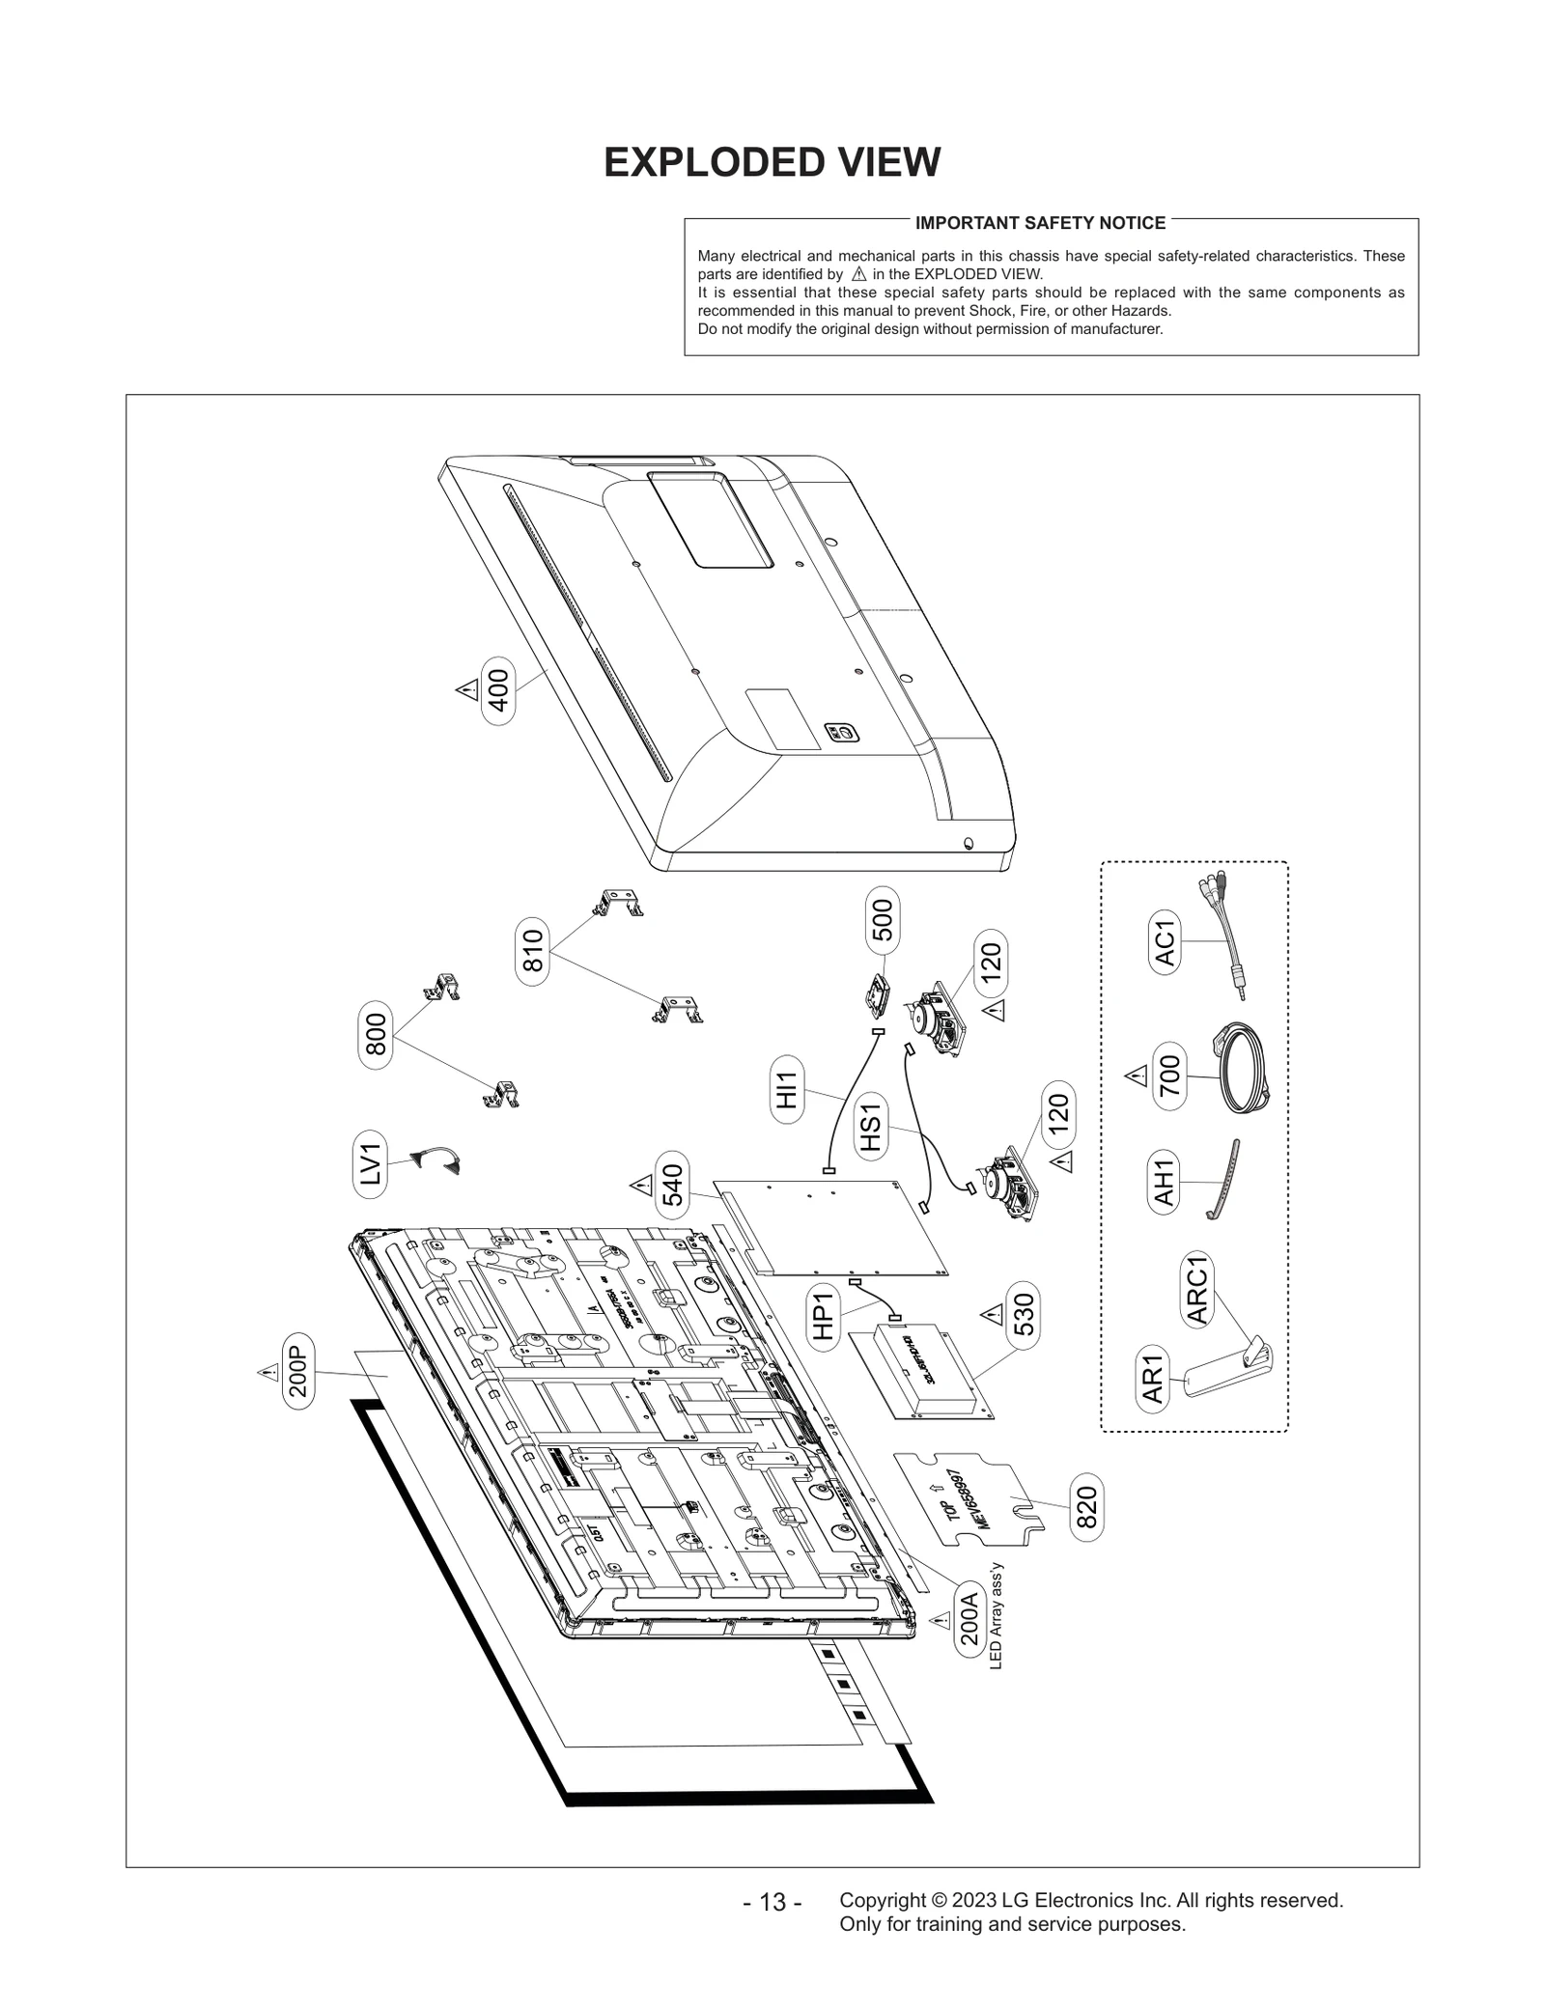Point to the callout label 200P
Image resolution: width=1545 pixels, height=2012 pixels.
(x=298, y=1371)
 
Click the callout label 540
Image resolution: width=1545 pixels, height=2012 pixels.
(x=672, y=1185)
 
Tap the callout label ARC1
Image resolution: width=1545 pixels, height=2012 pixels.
(x=1196, y=1290)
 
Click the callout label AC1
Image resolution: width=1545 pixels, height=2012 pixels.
(x=1165, y=942)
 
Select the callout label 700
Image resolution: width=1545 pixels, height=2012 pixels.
(x=1168, y=1076)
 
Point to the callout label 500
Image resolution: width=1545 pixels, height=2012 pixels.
(x=882, y=920)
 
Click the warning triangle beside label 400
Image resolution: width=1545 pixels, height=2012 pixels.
(x=467, y=689)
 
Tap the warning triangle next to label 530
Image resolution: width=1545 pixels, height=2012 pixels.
(x=991, y=1314)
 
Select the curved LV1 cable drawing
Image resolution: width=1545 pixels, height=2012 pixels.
(x=436, y=1159)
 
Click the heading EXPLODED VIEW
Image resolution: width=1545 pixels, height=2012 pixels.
(x=772, y=162)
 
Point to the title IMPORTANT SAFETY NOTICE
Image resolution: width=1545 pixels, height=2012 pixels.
(x=1040, y=223)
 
